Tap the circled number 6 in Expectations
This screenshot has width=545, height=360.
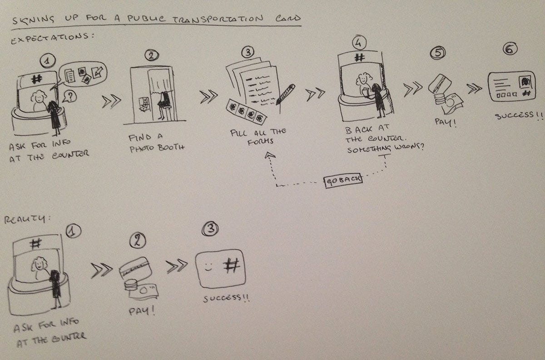click(x=510, y=49)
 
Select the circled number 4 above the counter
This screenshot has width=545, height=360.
click(x=359, y=43)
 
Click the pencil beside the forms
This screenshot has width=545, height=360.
click(x=285, y=94)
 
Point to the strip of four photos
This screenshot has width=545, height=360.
click(x=246, y=111)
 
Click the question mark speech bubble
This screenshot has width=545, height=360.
click(x=69, y=97)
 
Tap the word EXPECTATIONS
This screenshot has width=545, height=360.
click(x=52, y=38)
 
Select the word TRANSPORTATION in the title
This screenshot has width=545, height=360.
click(x=218, y=19)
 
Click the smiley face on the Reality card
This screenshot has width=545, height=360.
click(x=208, y=267)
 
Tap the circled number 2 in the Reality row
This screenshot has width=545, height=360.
click(x=138, y=240)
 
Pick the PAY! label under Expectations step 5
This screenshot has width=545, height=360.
click(x=445, y=122)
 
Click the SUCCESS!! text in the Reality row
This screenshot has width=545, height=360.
click(x=226, y=298)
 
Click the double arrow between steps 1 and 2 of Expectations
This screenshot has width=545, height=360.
click(x=111, y=101)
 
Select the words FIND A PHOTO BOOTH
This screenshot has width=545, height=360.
click(x=157, y=143)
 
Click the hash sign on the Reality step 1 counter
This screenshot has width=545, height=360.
click(x=36, y=244)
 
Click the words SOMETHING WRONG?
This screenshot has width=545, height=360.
click(x=386, y=148)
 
